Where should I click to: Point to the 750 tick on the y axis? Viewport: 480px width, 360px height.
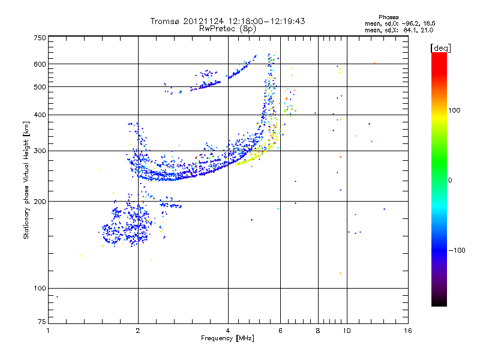[40, 38]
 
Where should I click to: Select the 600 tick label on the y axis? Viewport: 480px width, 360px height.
[40, 64]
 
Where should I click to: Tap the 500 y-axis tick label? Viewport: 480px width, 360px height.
[40, 87]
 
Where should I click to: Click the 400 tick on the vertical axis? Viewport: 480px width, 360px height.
[40, 115]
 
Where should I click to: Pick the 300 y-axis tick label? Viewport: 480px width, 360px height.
[40, 151]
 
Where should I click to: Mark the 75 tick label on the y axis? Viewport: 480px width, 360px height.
[41, 323]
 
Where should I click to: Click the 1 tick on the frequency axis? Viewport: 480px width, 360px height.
[48, 331]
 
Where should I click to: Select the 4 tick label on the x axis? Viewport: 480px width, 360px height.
[228, 331]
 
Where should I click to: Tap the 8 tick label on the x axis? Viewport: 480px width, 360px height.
[318, 331]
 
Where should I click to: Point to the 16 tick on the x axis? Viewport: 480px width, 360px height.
[407, 331]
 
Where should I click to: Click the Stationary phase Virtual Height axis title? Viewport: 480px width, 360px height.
[26, 180]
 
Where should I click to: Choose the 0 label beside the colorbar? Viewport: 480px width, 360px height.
[451, 180]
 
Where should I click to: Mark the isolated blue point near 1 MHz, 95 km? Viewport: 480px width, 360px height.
[57, 296]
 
